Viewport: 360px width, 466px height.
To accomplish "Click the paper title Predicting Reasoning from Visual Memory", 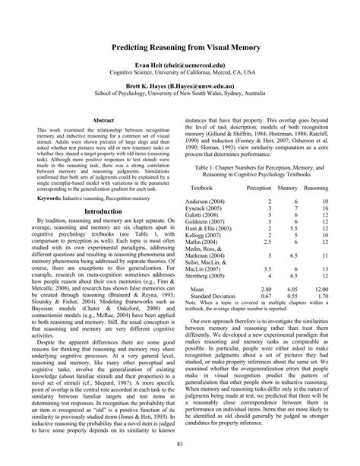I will [x=180, y=46].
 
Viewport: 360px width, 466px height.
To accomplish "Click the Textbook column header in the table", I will [x=202, y=186].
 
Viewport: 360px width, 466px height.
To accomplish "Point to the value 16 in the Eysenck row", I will [x=324, y=208].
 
